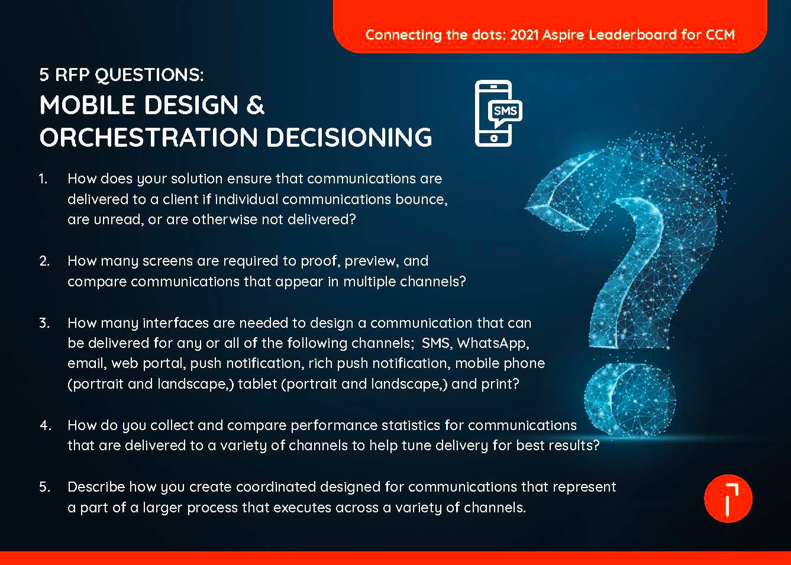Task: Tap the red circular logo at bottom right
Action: tap(728, 498)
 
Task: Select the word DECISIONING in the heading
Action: tap(349, 137)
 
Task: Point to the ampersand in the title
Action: tap(254, 105)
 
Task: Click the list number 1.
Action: tap(43, 179)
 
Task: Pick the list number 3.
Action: tap(44, 323)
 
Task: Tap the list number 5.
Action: tap(44, 487)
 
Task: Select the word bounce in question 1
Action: tap(422, 199)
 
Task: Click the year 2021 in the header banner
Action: tap(524, 34)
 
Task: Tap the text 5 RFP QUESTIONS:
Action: tap(121, 75)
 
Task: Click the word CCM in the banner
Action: tap(720, 34)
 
